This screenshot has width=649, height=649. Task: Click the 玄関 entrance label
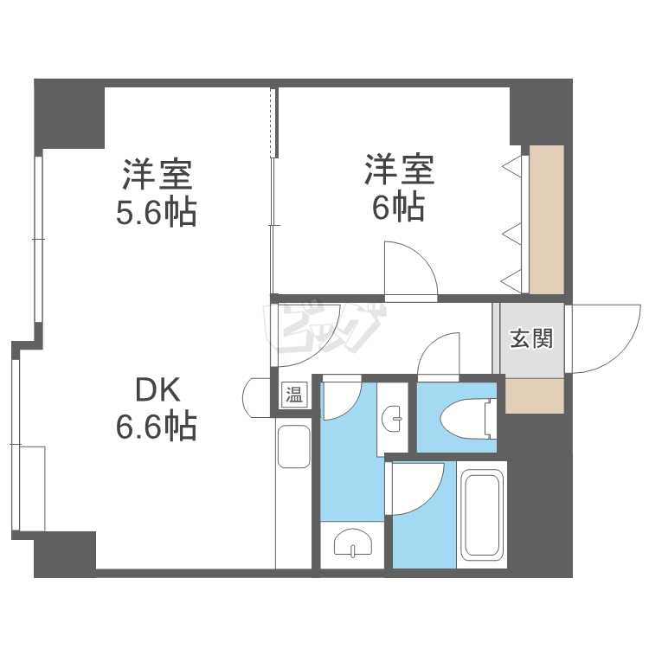pos(530,339)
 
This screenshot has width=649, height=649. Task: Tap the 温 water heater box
pos(294,395)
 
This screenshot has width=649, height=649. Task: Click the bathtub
pos(483,515)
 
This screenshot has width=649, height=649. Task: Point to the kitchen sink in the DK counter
pos(293,447)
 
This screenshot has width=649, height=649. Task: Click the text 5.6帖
pos(157,212)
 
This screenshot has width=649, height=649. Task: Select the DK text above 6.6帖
pos(157,391)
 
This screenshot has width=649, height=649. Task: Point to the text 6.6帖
pos(157,427)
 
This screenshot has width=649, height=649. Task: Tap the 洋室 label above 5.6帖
pos(157,176)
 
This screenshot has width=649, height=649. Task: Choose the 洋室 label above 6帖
pos(398,170)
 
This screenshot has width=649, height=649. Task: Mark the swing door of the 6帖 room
pos(408,270)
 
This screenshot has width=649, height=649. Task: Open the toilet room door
pos(441,355)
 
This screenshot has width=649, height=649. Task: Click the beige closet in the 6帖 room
pos(546,220)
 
